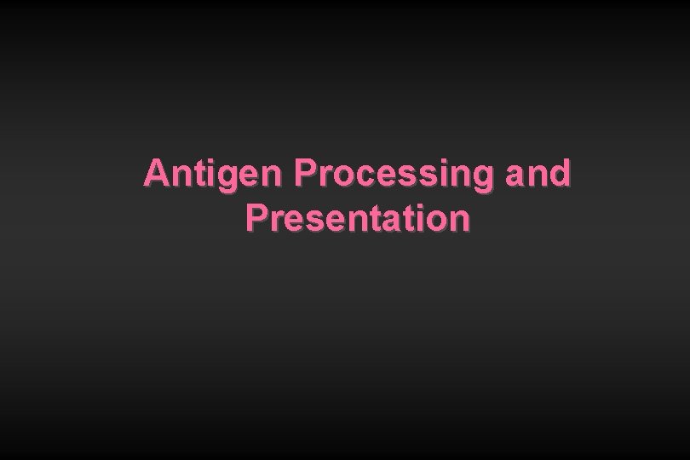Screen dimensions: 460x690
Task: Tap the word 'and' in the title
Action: pyautogui.click(x=538, y=174)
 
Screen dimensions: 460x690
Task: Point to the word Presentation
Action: pyautogui.click(x=358, y=218)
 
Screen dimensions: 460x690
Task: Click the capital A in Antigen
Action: pyautogui.click(x=155, y=174)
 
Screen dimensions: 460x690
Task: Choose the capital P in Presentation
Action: pyautogui.click(x=255, y=218)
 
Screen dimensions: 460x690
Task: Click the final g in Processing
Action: pyautogui.click(x=483, y=177)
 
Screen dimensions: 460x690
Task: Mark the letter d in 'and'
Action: pyautogui.click(x=561, y=174)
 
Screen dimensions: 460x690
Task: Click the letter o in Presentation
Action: pyautogui.click(x=438, y=221)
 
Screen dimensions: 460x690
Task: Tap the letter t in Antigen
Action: pyautogui.click(x=195, y=175)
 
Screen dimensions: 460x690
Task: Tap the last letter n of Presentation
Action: pyautogui.click(x=459, y=221)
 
